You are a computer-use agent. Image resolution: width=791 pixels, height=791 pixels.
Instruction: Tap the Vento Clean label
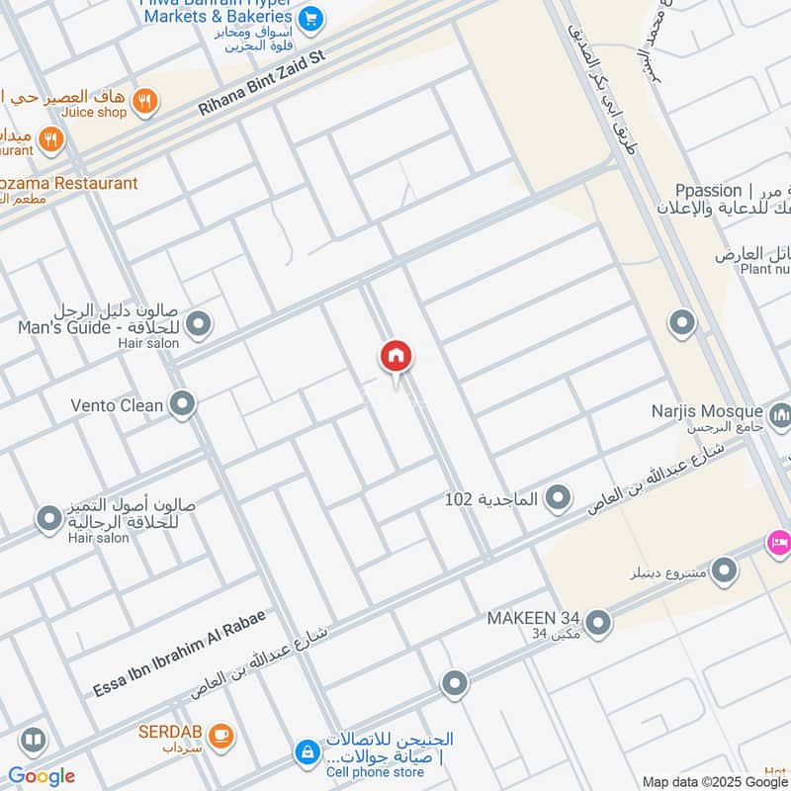point(118,405)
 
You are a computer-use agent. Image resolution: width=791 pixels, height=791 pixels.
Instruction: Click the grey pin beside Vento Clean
point(182,402)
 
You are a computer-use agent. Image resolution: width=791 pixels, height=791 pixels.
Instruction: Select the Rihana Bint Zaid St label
point(261,85)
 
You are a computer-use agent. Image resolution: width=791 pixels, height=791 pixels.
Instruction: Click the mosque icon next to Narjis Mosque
point(780,415)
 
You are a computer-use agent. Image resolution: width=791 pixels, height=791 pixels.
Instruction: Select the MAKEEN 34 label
point(534,618)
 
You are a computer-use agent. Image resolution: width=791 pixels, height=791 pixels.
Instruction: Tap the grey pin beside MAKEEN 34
point(597,622)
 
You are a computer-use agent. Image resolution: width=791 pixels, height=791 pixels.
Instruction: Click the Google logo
point(42,776)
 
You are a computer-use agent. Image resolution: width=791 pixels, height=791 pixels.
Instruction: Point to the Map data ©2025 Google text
point(715,781)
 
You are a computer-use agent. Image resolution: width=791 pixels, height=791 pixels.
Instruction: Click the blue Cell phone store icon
point(308,752)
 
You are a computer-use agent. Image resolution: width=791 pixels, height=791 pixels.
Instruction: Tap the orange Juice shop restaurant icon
point(145,101)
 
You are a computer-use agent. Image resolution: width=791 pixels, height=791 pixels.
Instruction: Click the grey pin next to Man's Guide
point(199,322)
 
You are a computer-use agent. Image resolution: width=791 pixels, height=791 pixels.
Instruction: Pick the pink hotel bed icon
point(778,542)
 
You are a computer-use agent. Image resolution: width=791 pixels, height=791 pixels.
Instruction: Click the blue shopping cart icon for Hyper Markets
point(310,17)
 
